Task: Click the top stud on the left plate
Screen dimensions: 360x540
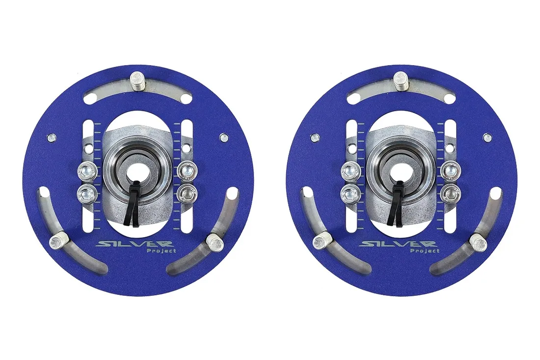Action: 137,81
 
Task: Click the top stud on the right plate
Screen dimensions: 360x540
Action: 401,81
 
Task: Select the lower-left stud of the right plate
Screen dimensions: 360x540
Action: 322,241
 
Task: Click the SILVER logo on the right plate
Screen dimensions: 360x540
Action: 398,244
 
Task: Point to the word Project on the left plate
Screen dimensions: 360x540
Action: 161,251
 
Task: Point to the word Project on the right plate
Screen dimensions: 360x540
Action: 425,250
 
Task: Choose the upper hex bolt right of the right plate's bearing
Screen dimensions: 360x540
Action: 449,171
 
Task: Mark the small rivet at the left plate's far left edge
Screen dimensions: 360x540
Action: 51,138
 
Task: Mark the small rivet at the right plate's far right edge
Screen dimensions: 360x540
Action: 487,138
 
